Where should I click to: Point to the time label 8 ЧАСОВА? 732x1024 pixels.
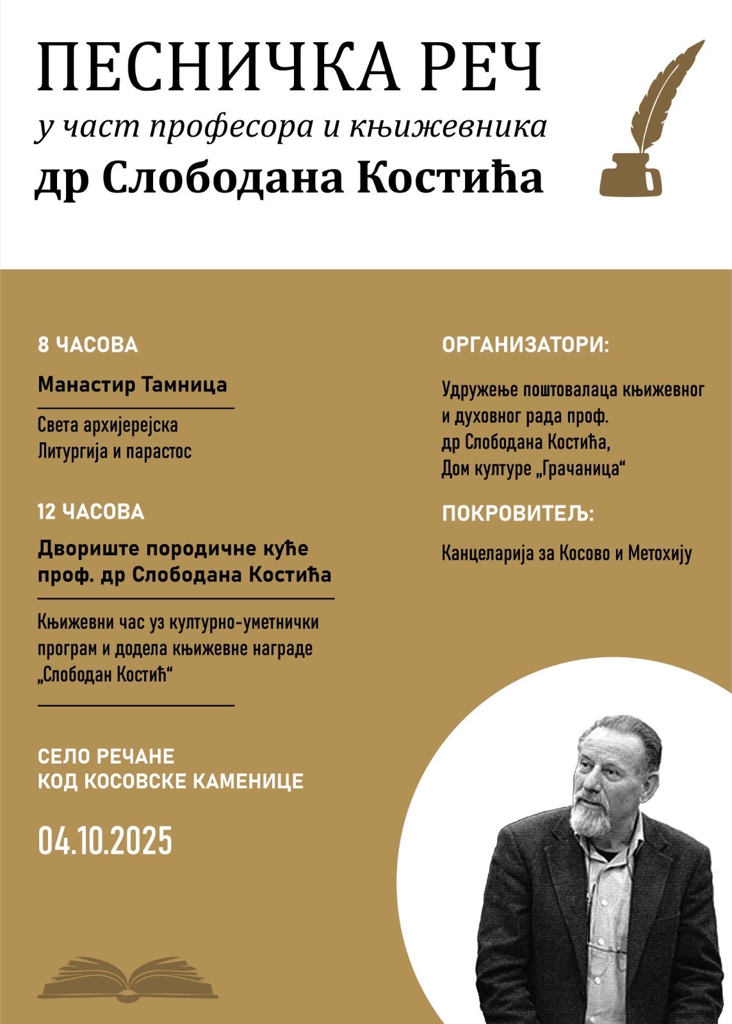88,345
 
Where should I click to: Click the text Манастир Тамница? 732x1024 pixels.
133,385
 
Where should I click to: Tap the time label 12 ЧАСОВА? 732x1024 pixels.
91,512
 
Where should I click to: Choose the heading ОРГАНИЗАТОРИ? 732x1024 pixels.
526,345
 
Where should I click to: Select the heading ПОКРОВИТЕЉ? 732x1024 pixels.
517,514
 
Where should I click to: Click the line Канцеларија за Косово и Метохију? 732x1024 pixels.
567,553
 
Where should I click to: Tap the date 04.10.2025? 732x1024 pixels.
105,841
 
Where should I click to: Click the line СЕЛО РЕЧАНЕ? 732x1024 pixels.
106,756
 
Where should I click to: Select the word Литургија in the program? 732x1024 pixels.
72,451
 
